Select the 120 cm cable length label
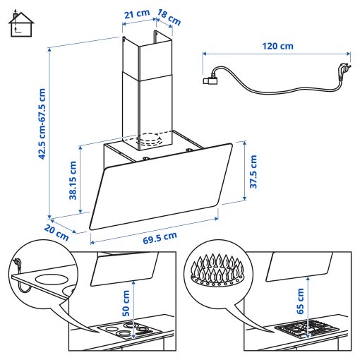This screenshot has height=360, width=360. tap(277, 46)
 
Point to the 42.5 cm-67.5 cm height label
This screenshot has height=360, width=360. tap(42, 124)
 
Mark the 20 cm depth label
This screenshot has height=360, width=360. tap(54, 232)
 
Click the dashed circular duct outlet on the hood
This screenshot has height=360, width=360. tap(154, 139)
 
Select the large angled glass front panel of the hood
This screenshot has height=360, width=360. tap(162, 187)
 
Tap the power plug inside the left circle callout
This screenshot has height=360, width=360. tap(17, 266)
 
